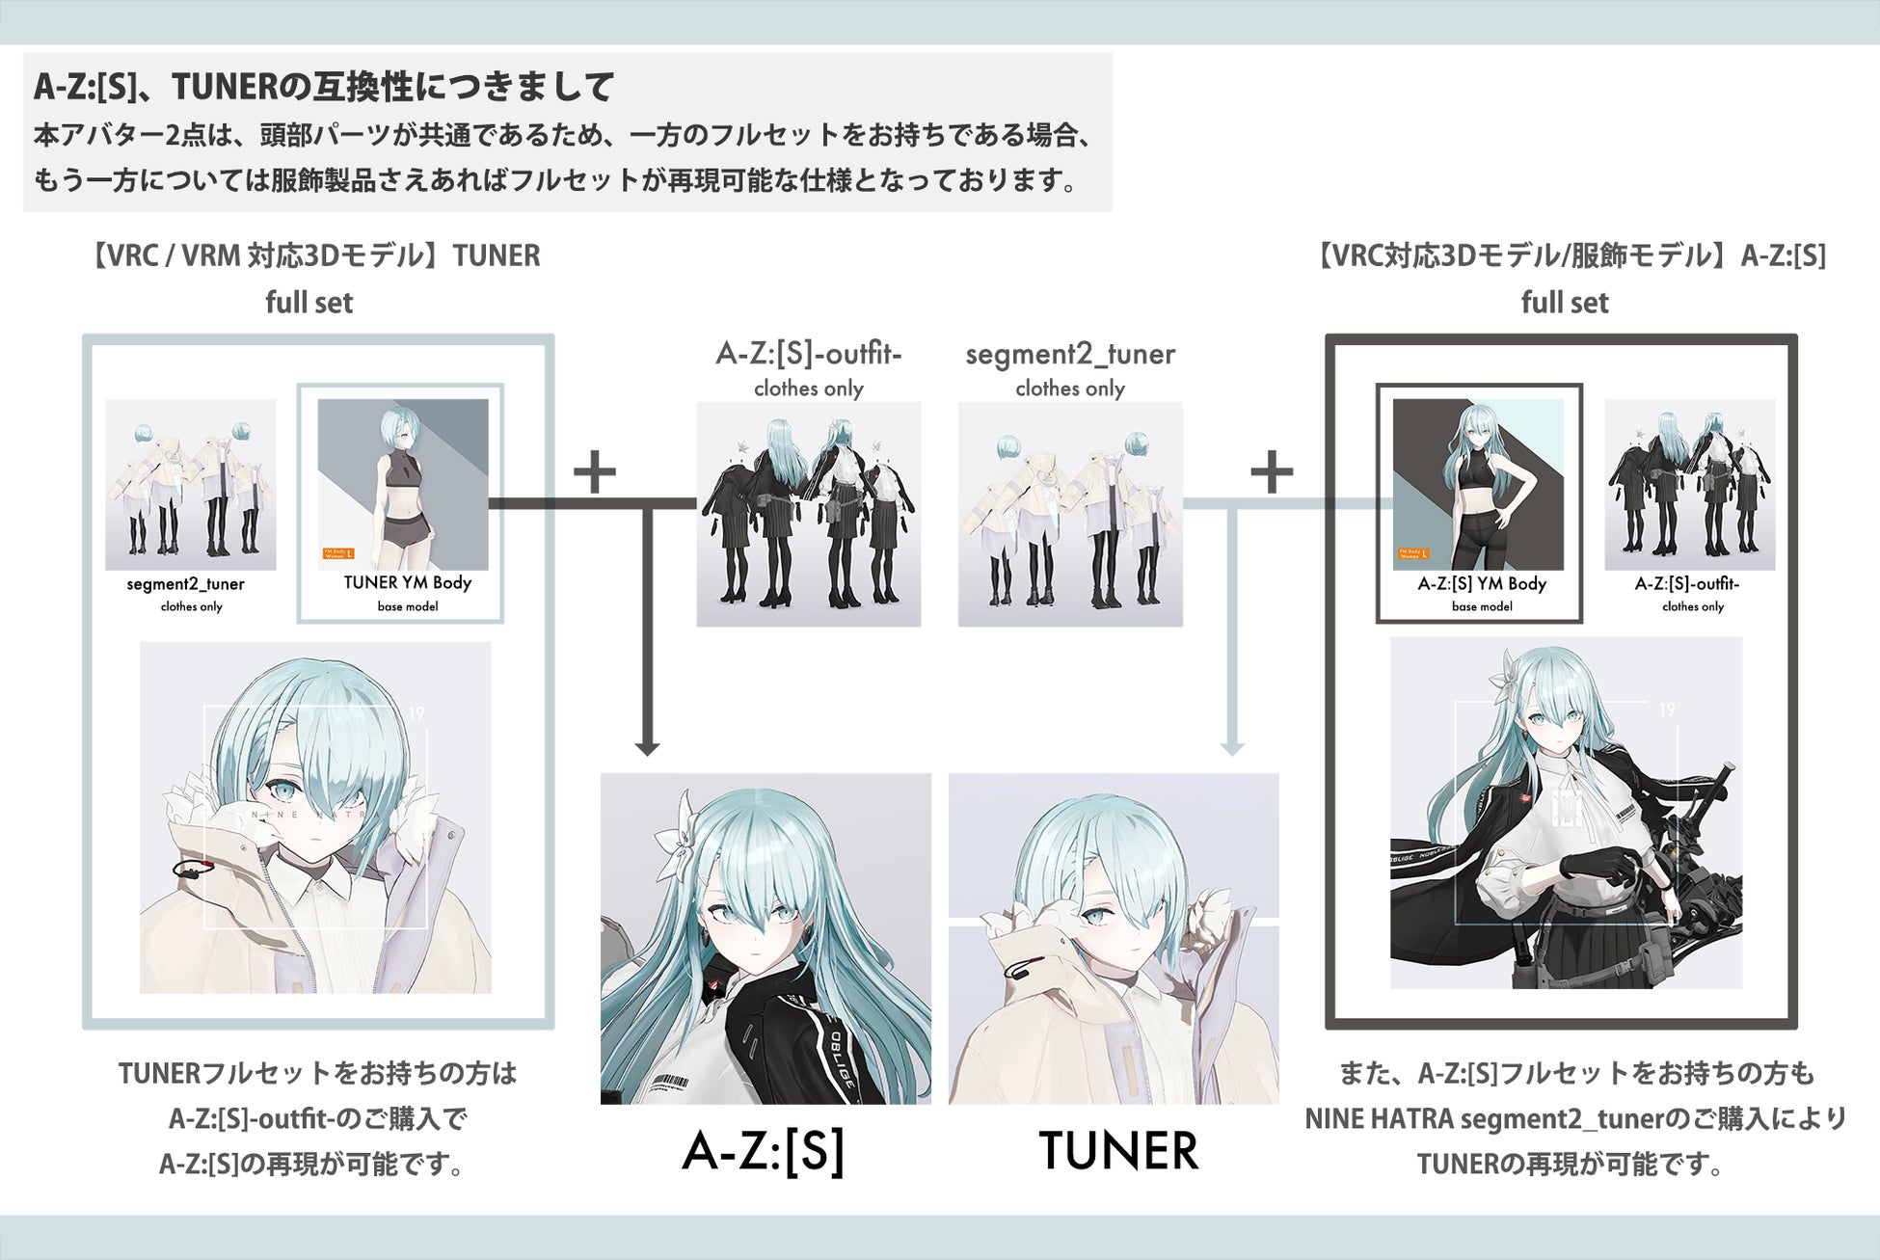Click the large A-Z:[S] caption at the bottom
pos(764,1150)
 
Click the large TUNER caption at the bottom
pos(1118,1150)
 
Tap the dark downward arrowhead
pos(648,748)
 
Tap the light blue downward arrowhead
pos(1232,748)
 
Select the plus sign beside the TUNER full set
pos(595,472)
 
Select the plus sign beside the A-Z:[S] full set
pos(1272,472)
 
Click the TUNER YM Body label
pos(407,583)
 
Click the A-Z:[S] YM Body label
pos(1482,584)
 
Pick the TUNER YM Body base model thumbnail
pos(403,484)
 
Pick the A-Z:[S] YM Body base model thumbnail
pos(1478,484)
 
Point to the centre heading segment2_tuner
pos(1070,355)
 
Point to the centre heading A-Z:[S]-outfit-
pos(808,355)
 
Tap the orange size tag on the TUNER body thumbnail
pos(338,553)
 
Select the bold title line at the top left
pos(324,88)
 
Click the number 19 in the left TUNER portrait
pos(416,714)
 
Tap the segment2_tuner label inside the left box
pos(186,584)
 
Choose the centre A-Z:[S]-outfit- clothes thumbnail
pos(808,514)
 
